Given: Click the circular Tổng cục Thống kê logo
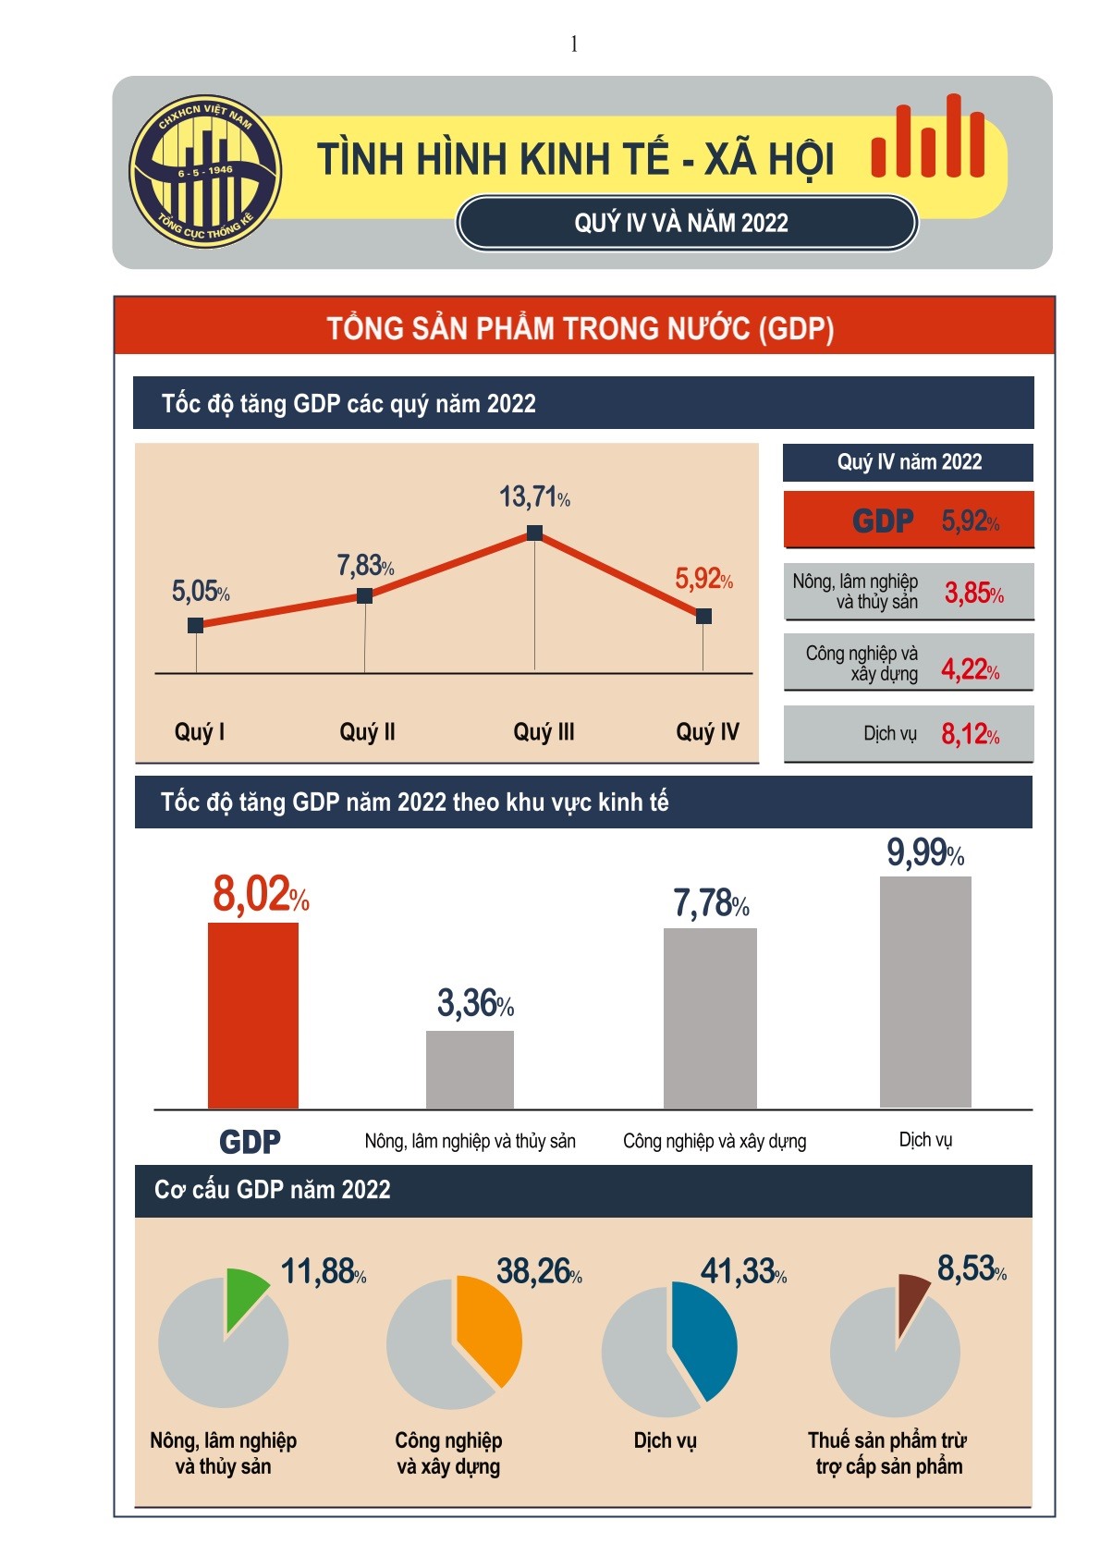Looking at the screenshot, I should (x=205, y=172).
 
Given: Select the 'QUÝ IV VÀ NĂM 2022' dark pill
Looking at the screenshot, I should (x=686, y=223).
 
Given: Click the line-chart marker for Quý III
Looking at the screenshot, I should (x=534, y=533).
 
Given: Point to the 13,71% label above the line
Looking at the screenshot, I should (x=534, y=497).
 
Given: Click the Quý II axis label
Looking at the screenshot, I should (x=367, y=732).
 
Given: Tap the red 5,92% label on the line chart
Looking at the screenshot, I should (x=703, y=580).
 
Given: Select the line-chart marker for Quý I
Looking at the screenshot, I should (x=196, y=626).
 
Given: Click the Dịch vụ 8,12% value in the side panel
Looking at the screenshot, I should (x=970, y=735).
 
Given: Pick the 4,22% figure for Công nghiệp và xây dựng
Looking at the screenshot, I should (x=970, y=668).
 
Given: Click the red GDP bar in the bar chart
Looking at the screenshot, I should (x=253, y=1015).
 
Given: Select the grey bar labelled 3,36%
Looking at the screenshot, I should (x=470, y=1070).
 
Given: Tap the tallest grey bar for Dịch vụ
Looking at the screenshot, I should (x=925, y=991).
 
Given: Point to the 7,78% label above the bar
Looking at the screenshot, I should (x=710, y=903).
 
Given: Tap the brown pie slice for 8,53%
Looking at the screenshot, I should (x=911, y=1297).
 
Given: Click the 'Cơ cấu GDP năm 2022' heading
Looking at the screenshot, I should (x=273, y=1190).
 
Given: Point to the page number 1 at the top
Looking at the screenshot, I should (x=574, y=43).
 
